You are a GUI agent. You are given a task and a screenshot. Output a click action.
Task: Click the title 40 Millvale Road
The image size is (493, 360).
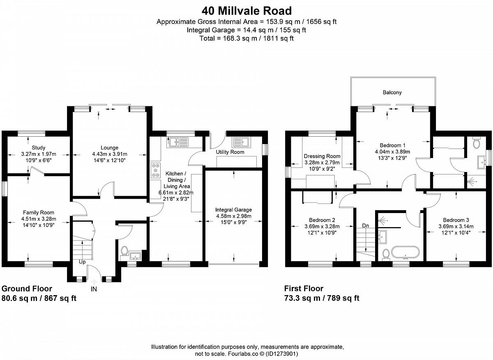tap(246, 11)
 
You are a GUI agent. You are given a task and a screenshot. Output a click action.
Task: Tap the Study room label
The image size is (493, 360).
tap(39, 147)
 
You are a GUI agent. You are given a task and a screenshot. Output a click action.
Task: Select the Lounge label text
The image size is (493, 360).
tap(109, 147)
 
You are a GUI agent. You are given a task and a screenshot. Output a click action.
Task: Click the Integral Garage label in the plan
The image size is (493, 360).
tap(233, 210)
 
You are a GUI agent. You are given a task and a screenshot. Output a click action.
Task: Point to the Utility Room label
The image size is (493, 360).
tap(230, 152)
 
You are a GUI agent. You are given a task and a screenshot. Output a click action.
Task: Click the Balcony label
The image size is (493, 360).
tap(392, 92)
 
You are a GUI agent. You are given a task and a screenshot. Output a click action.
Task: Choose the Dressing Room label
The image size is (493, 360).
tap(322, 156)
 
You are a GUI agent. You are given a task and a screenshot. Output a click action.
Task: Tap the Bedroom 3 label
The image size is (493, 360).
tap(456, 220)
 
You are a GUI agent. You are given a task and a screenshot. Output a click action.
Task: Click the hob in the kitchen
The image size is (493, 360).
tap(156, 170)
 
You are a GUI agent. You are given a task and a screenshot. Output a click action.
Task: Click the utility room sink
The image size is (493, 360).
tap(242, 142)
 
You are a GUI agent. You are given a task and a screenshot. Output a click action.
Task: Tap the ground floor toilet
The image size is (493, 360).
tap(124, 251)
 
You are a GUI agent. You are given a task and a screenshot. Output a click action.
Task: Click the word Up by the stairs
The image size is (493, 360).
tap(82, 262)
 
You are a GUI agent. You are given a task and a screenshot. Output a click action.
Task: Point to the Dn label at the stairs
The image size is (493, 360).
tap(365, 226)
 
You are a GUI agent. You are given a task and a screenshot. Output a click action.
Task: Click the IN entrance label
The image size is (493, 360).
tap(94, 289)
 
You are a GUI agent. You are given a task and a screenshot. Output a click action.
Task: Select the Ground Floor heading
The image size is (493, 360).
tap(27, 289)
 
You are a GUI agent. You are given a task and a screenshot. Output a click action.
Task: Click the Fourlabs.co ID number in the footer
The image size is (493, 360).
tap(282, 353)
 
